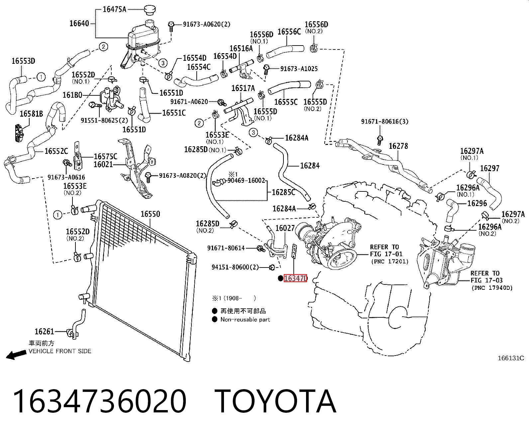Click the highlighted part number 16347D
coord(295,278)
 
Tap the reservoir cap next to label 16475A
coord(150,10)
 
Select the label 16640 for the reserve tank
coord(79,24)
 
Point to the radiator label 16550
coord(150,214)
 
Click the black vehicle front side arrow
coord(16,355)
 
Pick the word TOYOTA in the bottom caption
coord(275,402)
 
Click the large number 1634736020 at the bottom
coord(100,402)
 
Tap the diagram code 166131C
coord(511,358)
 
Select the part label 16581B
coord(32,114)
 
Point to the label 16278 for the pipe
coord(398,146)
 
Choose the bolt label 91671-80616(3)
coord(384,121)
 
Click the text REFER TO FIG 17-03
coord(485,277)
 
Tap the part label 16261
coord(44,331)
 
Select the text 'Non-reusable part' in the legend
coord(245,320)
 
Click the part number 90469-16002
coord(246,180)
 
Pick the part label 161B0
coord(72,95)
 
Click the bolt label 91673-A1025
coord(299,69)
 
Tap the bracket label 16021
coord(103,164)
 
